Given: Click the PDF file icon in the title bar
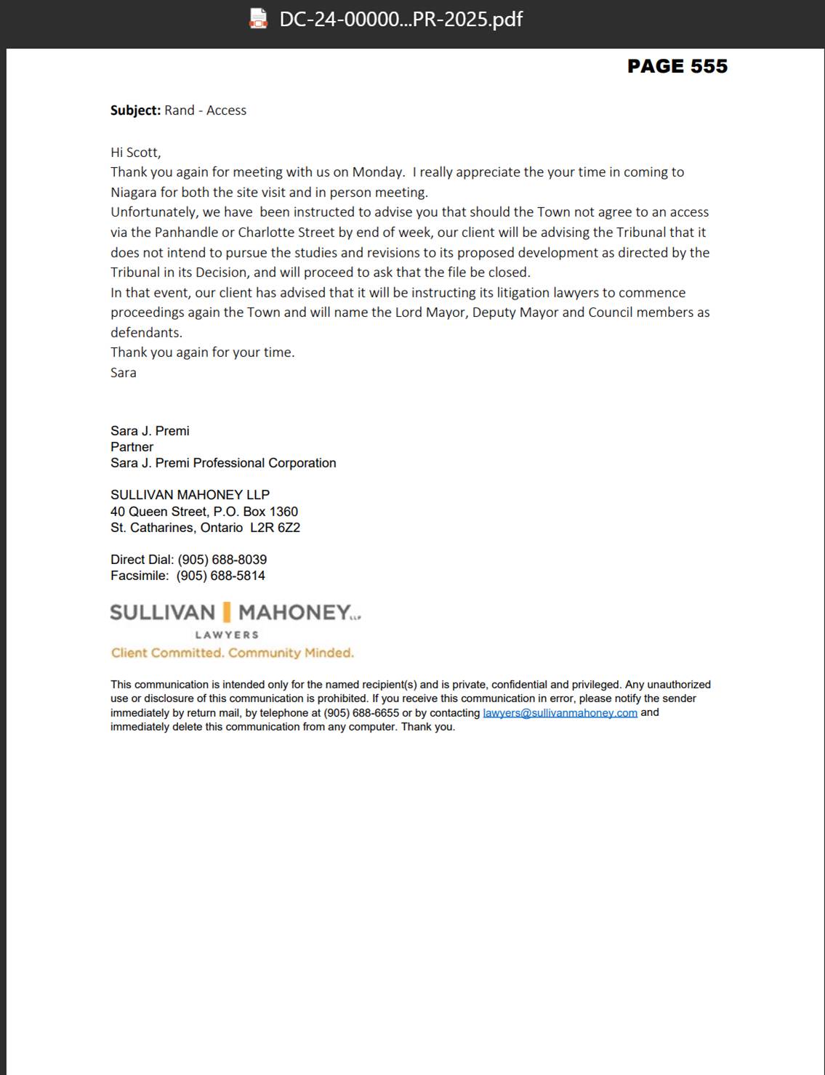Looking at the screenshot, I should click(x=258, y=19).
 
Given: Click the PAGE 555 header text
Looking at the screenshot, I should click(x=677, y=66).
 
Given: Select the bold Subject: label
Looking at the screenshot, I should click(x=135, y=110).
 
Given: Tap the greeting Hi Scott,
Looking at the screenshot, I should click(x=135, y=153).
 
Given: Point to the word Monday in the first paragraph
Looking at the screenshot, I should click(x=378, y=172).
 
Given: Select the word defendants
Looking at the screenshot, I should click(x=146, y=333).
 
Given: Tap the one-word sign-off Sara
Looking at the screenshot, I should click(x=124, y=373).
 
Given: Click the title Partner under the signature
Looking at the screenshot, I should click(x=132, y=447).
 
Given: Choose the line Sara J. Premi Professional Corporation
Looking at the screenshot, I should click(x=223, y=463).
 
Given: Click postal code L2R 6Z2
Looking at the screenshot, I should click(x=275, y=528).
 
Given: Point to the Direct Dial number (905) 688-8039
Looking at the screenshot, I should click(x=222, y=560).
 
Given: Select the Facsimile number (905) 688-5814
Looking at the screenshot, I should click(x=220, y=576).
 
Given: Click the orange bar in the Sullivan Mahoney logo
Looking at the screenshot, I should click(x=227, y=612).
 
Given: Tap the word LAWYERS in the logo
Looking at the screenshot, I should click(x=227, y=635).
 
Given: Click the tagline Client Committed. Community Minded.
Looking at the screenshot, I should click(x=233, y=653).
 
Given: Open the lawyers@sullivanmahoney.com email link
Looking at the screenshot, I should click(x=560, y=713).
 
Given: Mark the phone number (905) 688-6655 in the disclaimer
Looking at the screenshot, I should click(x=361, y=713).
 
